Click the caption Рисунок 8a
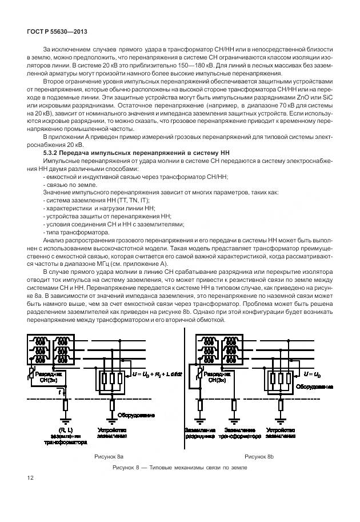[109, 457]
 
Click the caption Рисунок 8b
[259, 457]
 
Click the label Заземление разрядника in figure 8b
[200, 432]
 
